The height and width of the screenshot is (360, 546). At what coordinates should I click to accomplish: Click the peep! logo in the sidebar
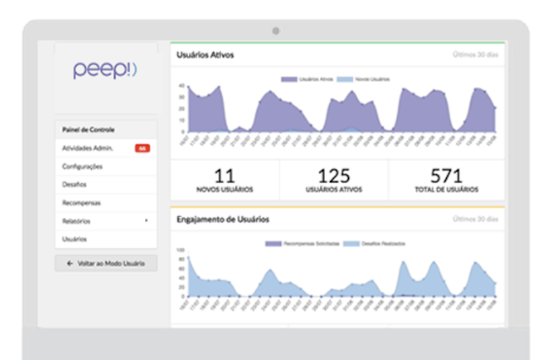(106, 70)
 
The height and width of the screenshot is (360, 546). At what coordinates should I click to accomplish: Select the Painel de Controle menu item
(89, 130)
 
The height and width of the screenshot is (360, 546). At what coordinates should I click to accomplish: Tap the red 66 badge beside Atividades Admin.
(142, 148)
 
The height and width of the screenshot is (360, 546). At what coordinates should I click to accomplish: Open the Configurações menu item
(82, 166)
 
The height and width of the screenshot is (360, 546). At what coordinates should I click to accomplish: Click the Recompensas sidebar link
(82, 203)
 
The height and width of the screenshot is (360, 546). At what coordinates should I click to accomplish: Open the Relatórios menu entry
(78, 221)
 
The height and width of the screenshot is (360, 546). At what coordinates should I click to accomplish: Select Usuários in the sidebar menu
(74, 239)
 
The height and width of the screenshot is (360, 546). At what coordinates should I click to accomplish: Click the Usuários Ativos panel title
(205, 55)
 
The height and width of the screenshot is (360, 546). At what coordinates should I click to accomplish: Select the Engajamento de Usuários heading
(223, 218)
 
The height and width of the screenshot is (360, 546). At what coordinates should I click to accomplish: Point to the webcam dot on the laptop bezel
(275, 30)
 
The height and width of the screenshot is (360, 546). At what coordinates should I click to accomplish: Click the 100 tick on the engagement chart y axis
(180, 250)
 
